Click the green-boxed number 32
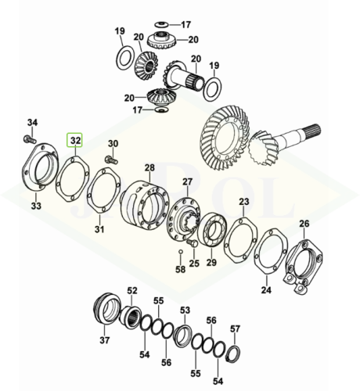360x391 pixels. [75, 140]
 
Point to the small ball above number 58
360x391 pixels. [179, 251]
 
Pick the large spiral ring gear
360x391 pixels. [226, 137]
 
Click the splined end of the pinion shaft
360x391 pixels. [313, 130]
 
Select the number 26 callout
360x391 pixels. [304, 224]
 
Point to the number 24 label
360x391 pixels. [266, 290]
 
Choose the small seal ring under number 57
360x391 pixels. [234, 353]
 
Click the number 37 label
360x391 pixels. [104, 340]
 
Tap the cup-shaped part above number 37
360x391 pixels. [107, 309]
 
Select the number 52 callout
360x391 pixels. [132, 290]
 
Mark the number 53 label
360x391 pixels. [185, 310]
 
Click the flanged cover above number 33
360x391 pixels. [40, 166]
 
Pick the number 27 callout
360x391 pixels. [187, 181]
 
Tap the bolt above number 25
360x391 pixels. [193, 242]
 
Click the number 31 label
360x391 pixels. [99, 229]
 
